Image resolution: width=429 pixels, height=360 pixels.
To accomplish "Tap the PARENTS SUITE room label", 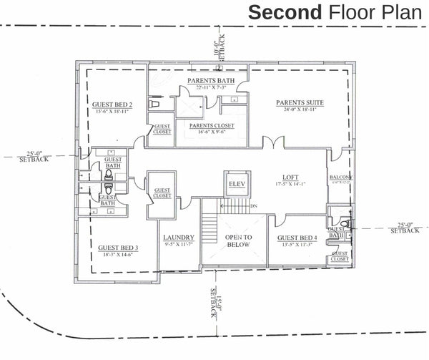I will [300, 102].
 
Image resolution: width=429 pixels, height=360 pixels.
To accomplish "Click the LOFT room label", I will [290, 177].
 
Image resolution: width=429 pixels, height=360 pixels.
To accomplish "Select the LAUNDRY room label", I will [179, 238].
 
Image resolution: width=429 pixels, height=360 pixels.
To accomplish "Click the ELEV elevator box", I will [237, 185].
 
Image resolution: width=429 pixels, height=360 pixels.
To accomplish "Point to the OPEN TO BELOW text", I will [237, 242].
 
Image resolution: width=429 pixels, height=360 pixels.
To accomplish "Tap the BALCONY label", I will [339, 177].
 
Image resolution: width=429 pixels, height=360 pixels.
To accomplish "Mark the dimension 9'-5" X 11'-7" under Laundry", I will [179, 245].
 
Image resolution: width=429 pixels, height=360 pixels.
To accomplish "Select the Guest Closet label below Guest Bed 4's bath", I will [340, 257].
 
